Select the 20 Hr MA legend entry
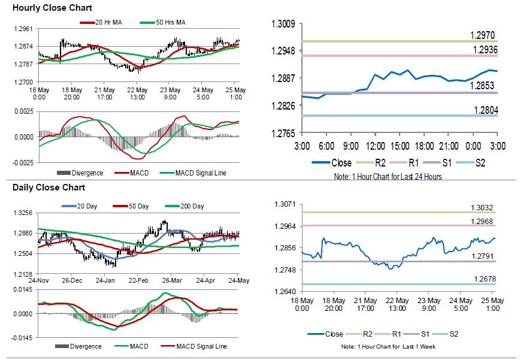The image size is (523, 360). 106,23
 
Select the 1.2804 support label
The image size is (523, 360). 485,110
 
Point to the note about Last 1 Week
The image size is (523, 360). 389,347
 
